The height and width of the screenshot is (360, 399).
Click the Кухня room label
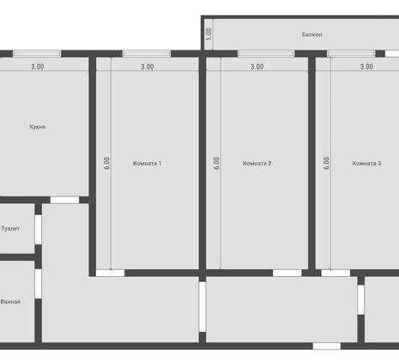[x=38, y=127]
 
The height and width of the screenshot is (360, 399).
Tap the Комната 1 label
[x=147, y=164]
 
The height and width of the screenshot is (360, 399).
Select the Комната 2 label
[x=257, y=164]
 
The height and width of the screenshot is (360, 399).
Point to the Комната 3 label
[x=366, y=164]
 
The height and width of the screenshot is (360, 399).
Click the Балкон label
[x=311, y=34]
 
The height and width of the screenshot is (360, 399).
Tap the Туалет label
[x=10, y=229]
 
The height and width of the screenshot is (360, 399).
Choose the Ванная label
[x=10, y=302]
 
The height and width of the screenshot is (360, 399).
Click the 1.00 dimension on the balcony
[x=209, y=34]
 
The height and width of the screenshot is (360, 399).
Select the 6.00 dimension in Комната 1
[x=106, y=163]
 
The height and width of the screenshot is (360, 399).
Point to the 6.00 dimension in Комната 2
[x=216, y=163]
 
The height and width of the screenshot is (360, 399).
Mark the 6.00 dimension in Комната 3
[x=326, y=163]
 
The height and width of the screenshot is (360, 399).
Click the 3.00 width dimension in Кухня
[x=38, y=67]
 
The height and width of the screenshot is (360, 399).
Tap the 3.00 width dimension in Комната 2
[x=257, y=67]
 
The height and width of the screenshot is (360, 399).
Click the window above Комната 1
[x=147, y=54]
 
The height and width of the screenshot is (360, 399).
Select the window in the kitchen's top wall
[x=37, y=54]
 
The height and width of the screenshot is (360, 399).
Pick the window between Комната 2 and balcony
[x=266, y=54]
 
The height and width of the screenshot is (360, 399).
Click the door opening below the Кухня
[x=64, y=200]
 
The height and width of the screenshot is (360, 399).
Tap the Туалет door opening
[x=38, y=230]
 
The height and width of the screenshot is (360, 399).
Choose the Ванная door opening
[x=38, y=284]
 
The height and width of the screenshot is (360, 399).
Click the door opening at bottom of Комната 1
[x=111, y=273]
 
